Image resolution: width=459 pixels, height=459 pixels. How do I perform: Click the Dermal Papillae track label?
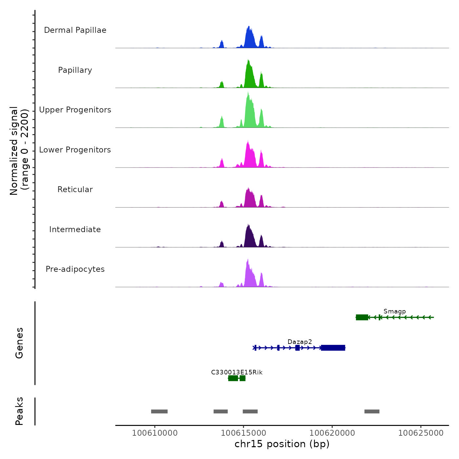[75, 30]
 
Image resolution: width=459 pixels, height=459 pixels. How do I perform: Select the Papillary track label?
[75, 70]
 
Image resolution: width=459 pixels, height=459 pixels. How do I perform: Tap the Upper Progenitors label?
[75, 110]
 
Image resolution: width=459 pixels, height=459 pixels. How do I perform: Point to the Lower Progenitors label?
[75, 150]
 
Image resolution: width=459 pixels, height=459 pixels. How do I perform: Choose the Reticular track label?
[75, 190]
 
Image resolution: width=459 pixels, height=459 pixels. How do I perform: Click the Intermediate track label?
[75, 229]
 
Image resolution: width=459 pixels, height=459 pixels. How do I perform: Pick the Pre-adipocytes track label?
[75, 269]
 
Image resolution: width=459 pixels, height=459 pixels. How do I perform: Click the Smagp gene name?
[394, 311]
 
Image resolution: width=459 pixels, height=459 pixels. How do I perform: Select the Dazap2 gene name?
[300, 342]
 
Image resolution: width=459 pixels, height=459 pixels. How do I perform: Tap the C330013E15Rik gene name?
[237, 372]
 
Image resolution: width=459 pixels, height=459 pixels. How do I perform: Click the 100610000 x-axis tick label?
[155, 433]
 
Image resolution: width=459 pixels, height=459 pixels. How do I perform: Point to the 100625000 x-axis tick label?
[421, 433]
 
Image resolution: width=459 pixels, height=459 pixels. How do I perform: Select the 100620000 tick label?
[332, 433]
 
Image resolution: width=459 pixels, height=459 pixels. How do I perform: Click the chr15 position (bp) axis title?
[282, 444]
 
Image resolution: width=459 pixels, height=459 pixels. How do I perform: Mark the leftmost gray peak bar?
[159, 411]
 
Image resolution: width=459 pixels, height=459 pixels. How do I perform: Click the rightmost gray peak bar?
[372, 411]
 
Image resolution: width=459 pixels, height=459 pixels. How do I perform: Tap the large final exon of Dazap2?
[333, 348]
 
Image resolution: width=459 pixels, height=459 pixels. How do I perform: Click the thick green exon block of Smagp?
[362, 317]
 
